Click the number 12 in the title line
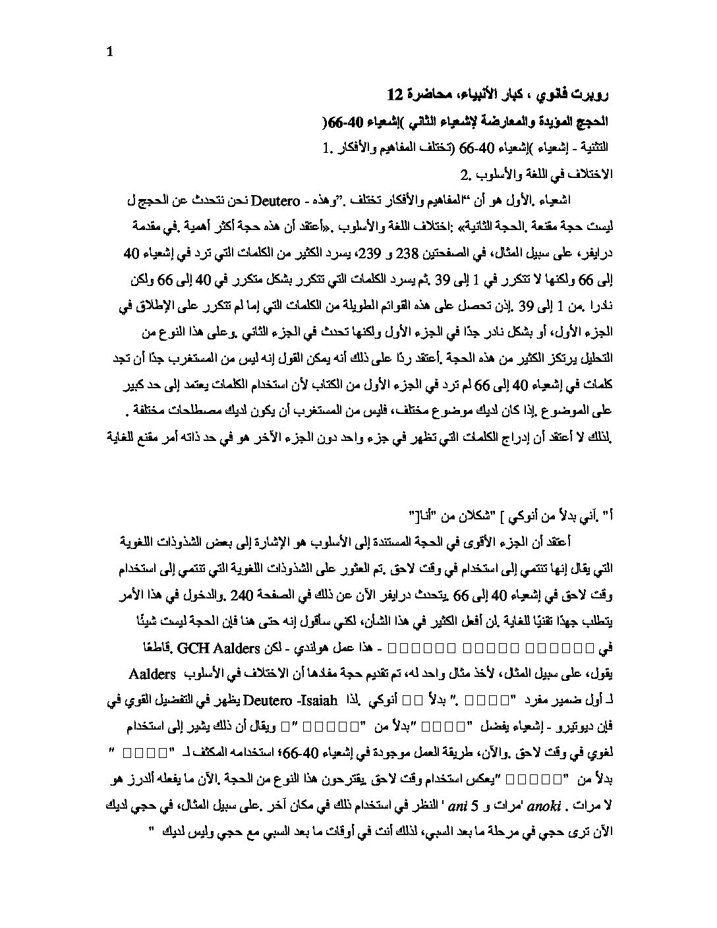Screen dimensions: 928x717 point(394,96)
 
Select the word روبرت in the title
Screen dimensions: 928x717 point(592,96)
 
